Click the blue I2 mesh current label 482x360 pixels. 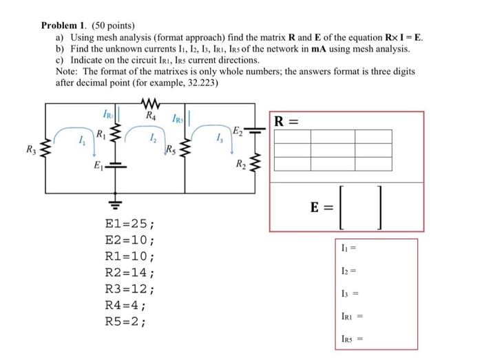pos(151,141)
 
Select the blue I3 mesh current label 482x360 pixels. pos(218,141)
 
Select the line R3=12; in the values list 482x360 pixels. pos(129,289)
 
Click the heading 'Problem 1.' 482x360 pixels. pos(65,25)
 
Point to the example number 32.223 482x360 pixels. pos(199,81)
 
